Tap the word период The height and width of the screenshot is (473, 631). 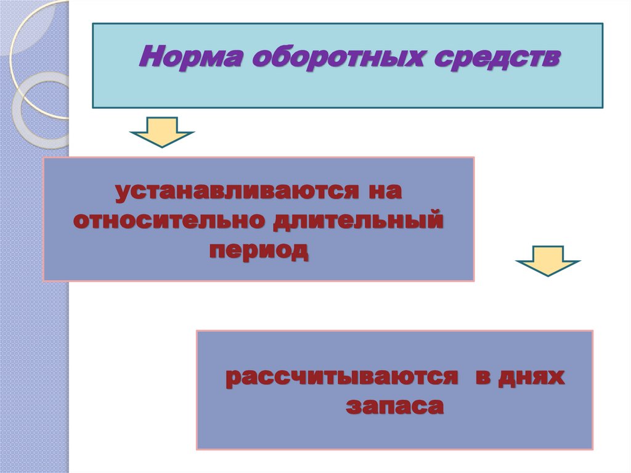click(x=258, y=250)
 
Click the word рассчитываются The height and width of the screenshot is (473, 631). click(x=342, y=377)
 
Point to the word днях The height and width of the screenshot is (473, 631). click(x=532, y=377)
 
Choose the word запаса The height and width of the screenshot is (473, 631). click(x=394, y=406)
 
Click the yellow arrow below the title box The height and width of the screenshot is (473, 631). click(x=162, y=131)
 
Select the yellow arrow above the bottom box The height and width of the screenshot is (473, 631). click(x=547, y=260)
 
